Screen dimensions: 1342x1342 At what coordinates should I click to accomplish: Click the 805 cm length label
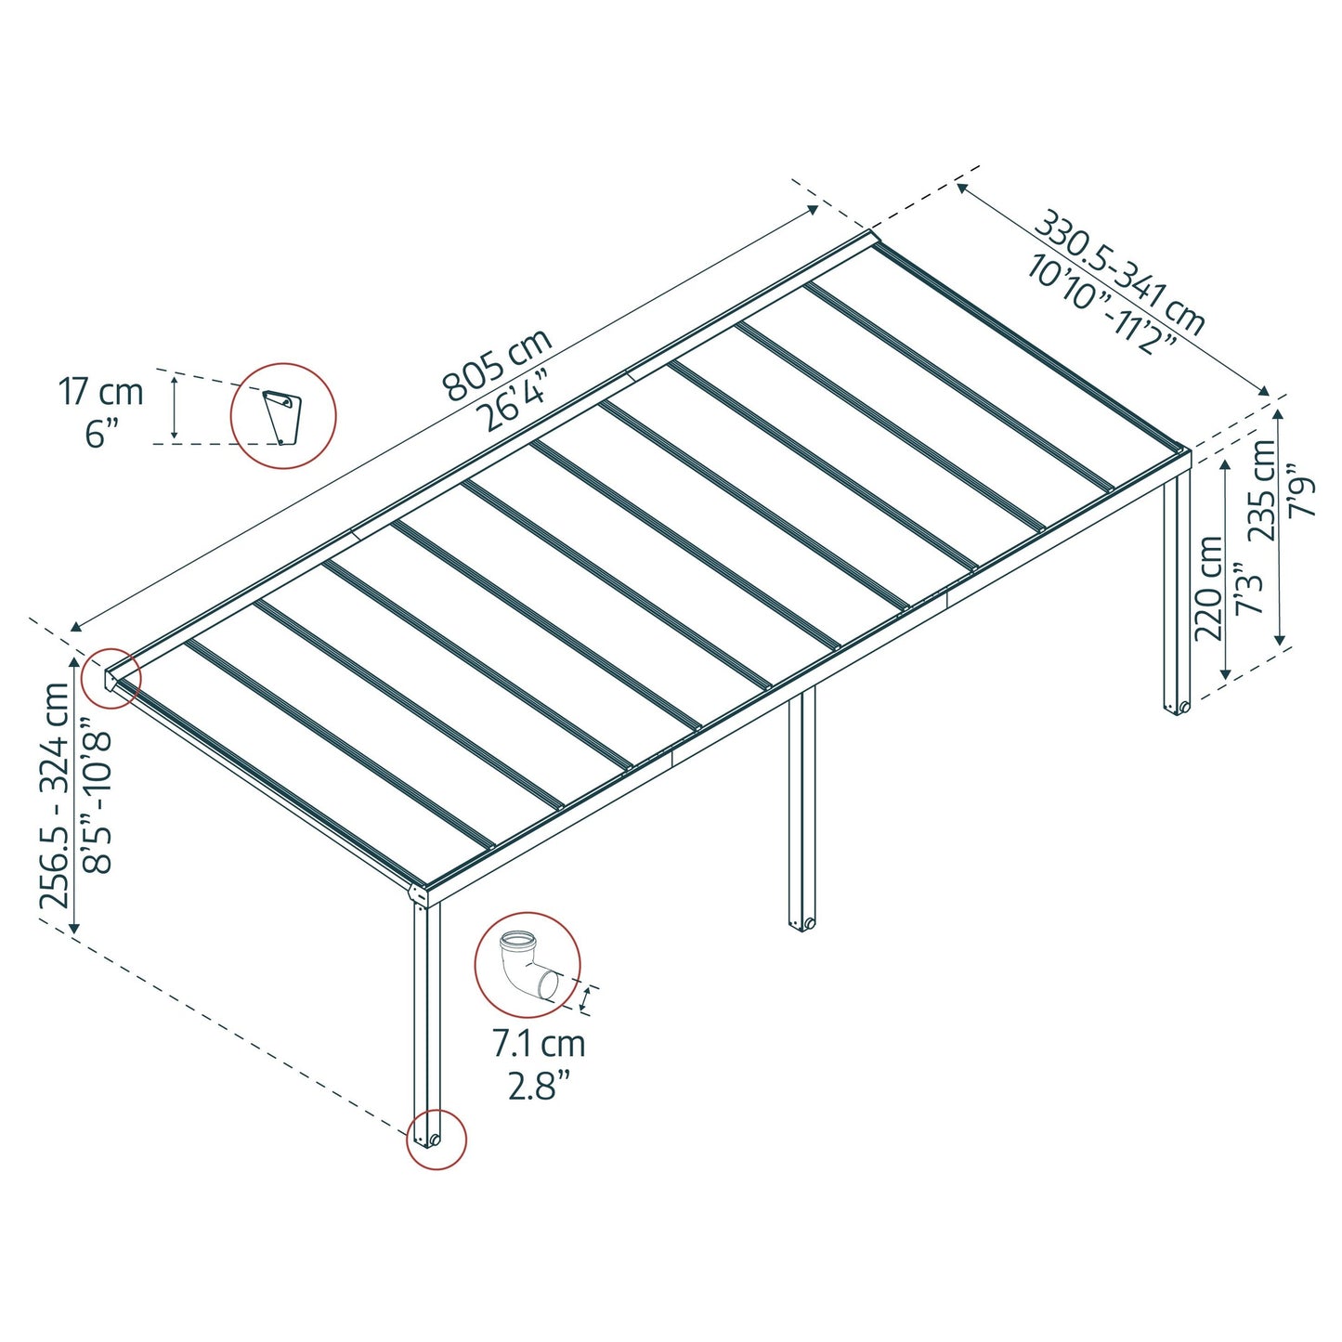click(497, 365)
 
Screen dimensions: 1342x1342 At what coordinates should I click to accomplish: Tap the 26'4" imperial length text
click(516, 401)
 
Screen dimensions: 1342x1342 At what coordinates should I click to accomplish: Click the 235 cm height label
click(1262, 490)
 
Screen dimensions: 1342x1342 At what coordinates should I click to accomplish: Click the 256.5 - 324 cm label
click(55, 795)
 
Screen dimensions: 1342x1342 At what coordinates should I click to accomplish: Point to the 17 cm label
click(102, 392)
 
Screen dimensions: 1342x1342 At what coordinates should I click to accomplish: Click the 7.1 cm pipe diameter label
click(539, 1044)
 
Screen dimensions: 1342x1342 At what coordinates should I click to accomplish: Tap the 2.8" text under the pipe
click(538, 1085)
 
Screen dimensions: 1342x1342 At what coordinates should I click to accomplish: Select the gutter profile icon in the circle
click(281, 415)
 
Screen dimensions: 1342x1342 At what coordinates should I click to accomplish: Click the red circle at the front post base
click(436, 1139)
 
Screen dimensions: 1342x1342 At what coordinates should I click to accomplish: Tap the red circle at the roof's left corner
click(111, 678)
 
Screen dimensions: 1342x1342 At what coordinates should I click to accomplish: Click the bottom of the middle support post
click(801, 923)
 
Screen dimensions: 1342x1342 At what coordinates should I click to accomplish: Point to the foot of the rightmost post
click(1177, 707)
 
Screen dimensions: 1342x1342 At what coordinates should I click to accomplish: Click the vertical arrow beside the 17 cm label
click(173, 407)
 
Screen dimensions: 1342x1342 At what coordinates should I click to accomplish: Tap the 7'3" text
click(1250, 589)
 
